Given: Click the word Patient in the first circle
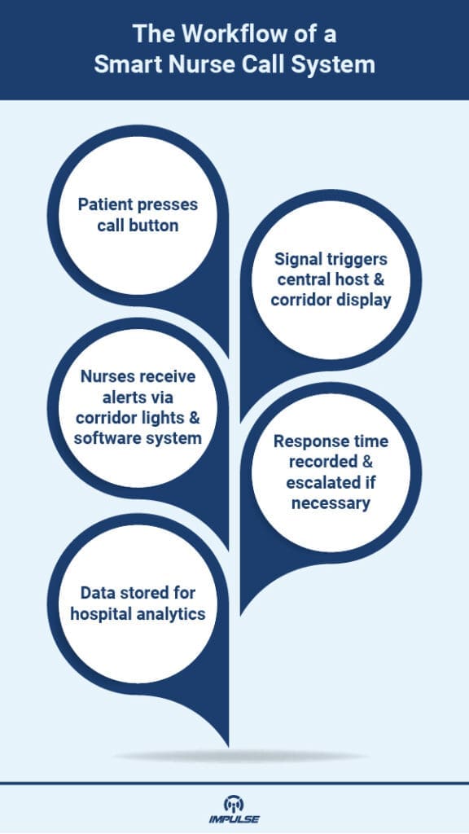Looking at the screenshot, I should (106, 204).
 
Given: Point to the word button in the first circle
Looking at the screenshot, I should (156, 224).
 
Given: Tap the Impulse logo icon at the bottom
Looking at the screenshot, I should (234, 801).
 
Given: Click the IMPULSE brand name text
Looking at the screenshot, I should (234, 819).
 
